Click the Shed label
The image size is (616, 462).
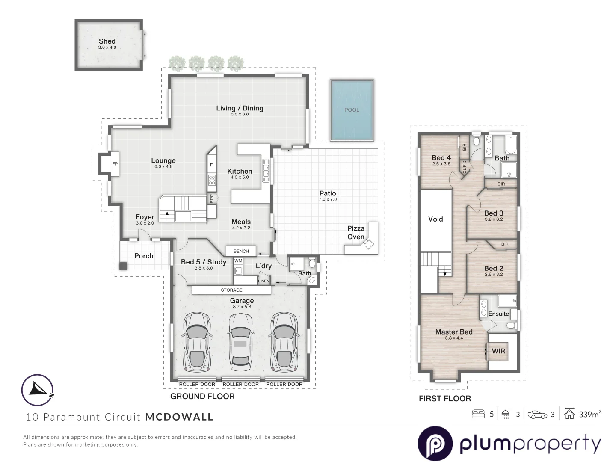coord(107,41)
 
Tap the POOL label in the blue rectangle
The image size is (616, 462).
coord(352,110)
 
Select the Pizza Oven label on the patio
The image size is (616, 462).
coord(355,233)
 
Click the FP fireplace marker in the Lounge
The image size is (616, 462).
coord(115,164)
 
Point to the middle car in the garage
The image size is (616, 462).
coord(241,342)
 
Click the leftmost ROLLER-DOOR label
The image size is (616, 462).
coord(197,384)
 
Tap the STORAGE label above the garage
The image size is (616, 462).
coord(231,290)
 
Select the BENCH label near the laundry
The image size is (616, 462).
coord(241,251)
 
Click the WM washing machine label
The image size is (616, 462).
coord(238,261)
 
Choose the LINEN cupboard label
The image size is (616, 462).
coord(264,281)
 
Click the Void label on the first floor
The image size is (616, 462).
coord(435,219)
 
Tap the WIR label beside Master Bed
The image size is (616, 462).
coord(498,351)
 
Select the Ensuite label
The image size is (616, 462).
coord(498,314)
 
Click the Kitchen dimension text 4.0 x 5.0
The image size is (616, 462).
coord(240,177)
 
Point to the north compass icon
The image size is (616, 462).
coord(38,390)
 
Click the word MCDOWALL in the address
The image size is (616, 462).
coord(179,417)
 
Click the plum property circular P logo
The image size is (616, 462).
coord(435,444)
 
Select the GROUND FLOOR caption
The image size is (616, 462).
coord(202,397)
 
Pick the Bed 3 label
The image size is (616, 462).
coord(493,213)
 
